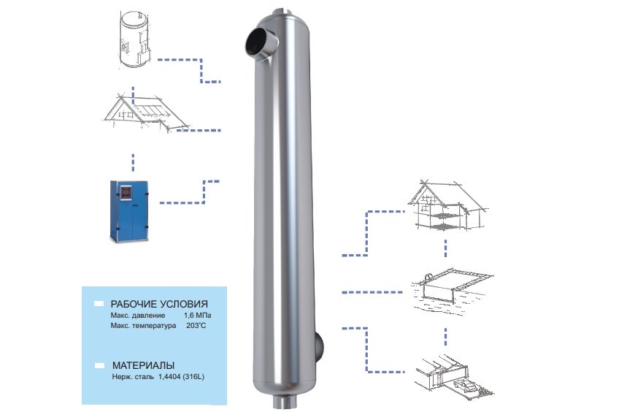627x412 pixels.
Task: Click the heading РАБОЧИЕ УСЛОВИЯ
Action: pos(159,304)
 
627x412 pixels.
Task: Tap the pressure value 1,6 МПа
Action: pos(198,315)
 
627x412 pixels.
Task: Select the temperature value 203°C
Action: pos(196,326)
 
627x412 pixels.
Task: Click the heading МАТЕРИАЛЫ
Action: pos(143,365)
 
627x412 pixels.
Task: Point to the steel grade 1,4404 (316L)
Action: pos(181,376)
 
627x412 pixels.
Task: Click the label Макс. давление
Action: pos(137,315)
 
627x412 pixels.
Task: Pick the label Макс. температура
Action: pos(143,326)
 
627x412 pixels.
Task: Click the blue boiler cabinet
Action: pos(128,211)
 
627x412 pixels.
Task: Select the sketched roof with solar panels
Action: pos(146,113)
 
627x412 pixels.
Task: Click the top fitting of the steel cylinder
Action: pos(283,12)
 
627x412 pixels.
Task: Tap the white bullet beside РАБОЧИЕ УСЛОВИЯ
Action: pos(99,304)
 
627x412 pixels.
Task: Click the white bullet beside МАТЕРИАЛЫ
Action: pos(99,365)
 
